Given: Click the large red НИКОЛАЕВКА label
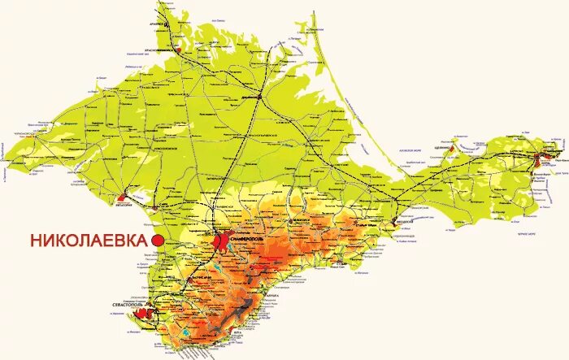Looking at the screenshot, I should coord(89,241).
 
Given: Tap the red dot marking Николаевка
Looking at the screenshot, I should coord(159,241).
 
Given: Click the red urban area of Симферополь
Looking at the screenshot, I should coord(221,241).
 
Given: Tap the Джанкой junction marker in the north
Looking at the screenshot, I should coord(258,97).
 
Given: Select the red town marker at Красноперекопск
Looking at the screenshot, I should coord(177,50).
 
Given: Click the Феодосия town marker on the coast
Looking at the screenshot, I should coord(402,219).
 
